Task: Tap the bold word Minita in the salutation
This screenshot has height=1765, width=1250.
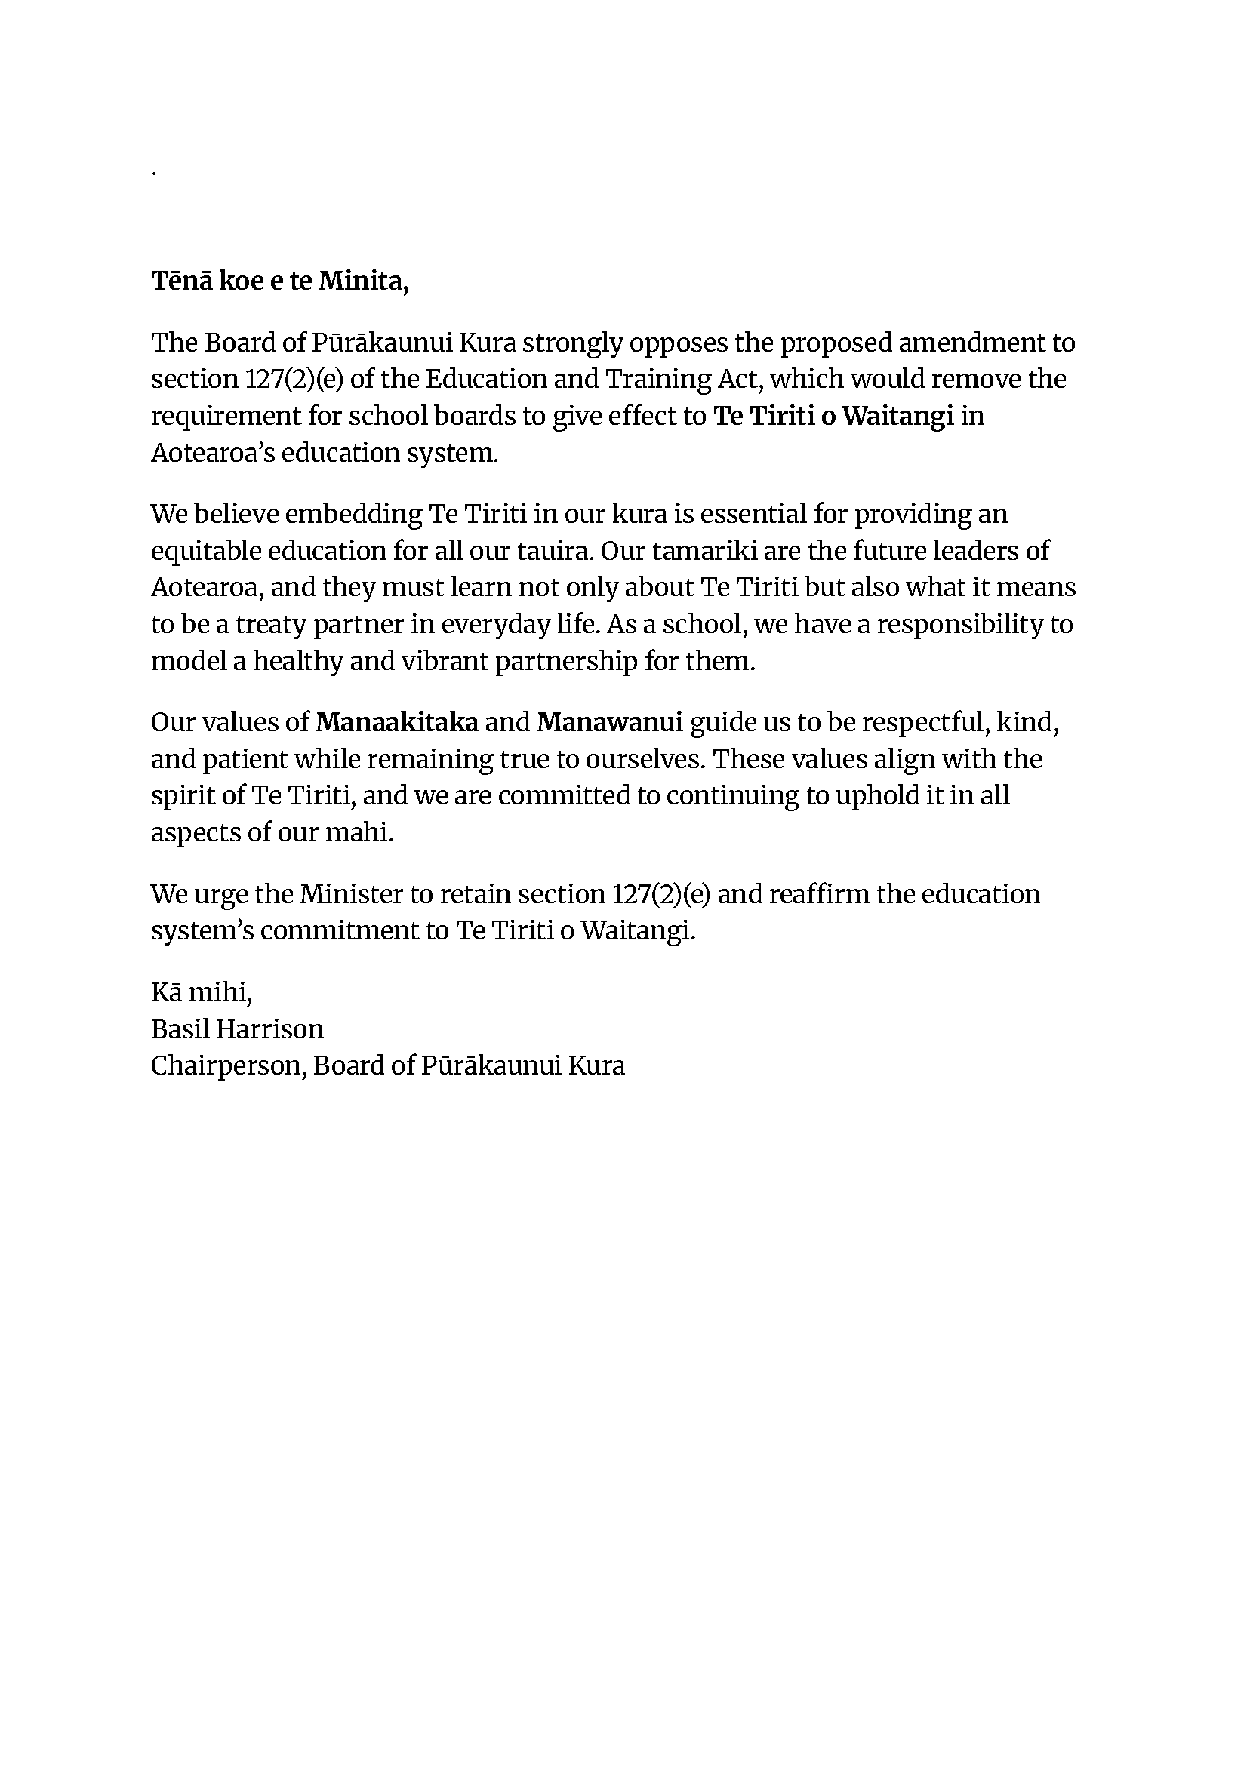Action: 363,281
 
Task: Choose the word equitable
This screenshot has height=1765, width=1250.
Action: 205,551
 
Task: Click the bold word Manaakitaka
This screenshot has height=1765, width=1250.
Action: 397,722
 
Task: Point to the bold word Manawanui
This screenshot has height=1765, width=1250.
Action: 610,722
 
